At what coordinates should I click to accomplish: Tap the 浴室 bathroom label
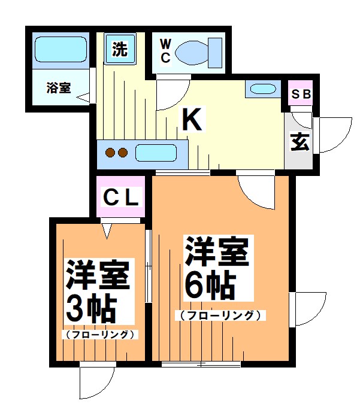[x=59, y=88]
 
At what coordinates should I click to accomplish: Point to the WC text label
[x=165, y=51]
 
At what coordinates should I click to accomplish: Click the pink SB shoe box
[x=301, y=95]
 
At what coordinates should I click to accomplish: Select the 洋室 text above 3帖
[x=97, y=275]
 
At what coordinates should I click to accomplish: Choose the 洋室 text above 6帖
[x=216, y=251]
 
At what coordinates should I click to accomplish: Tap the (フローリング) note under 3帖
[x=99, y=334]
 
